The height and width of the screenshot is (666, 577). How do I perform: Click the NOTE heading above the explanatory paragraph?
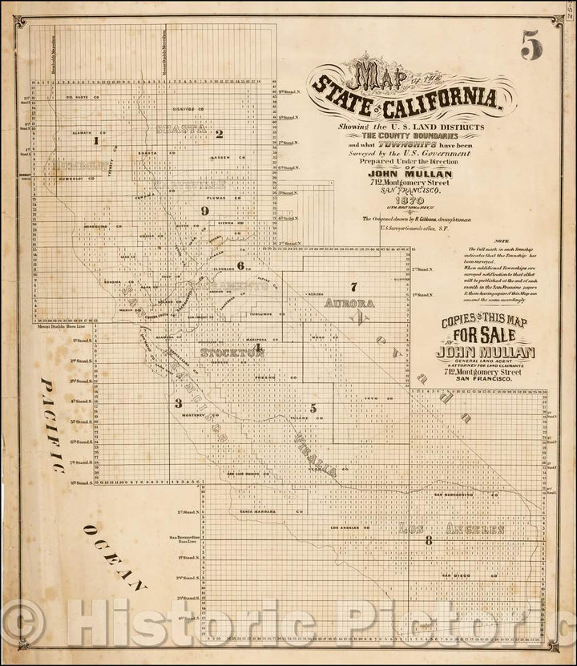[502, 241]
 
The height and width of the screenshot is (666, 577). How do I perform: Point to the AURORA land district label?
[349, 305]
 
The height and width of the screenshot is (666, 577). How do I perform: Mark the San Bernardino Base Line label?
[184, 539]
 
